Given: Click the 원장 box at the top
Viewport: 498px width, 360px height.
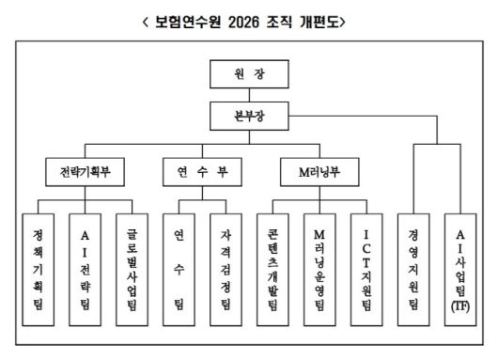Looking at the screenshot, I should [x=249, y=73].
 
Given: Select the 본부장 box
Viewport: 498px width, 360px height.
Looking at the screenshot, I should [x=249, y=116].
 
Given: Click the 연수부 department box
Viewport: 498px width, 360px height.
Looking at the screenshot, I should [x=202, y=173].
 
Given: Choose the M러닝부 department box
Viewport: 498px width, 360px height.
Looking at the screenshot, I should [x=319, y=173].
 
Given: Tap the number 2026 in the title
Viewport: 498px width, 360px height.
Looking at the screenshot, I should [x=245, y=20].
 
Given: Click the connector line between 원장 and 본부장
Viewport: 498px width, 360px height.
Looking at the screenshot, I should [x=249, y=94].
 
